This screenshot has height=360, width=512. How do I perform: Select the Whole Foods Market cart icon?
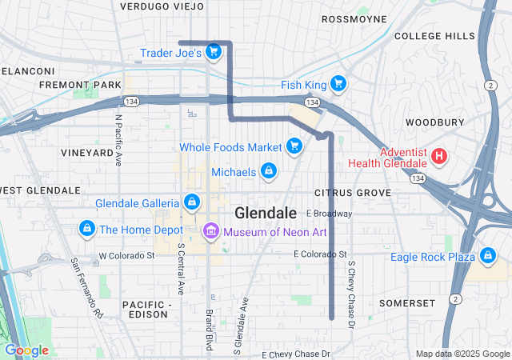tap(294, 146)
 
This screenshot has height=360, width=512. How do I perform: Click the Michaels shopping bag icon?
tap(269, 172)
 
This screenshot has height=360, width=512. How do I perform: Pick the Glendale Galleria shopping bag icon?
tap(192, 202)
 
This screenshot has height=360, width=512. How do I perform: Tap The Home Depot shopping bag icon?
tap(86, 230)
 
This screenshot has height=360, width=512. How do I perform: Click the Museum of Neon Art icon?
tap(211, 232)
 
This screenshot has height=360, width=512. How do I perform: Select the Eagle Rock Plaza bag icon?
tap(486, 257)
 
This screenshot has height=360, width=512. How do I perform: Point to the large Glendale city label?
tap(266, 213)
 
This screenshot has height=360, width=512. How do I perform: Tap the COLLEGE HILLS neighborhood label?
tap(434, 36)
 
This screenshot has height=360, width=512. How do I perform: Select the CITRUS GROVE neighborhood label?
tap(353, 193)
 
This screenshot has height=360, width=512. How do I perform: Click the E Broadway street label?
tap(328, 214)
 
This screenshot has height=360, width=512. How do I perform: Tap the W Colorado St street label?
tap(126, 256)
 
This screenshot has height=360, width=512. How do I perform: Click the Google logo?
tap(26, 350)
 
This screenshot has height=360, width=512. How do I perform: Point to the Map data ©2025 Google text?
tap(462, 354)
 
